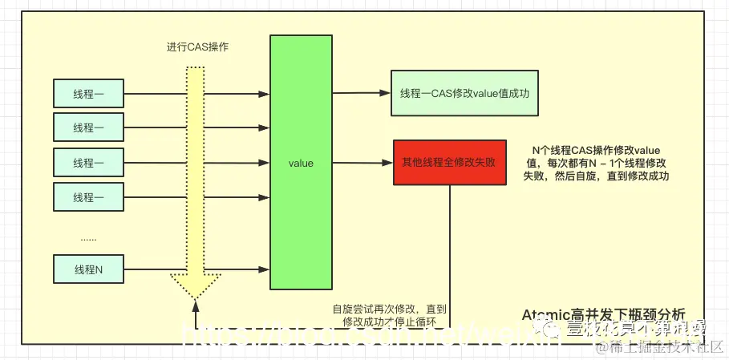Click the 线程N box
pyautogui.click(x=88, y=269)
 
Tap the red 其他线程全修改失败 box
pyautogui.click(x=449, y=163)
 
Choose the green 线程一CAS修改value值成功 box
pyautogui.click(x=464, y=94)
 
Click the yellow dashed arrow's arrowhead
pyautogui.click(x=195, y=285)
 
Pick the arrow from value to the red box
pyautogui.click(x=361, y=164)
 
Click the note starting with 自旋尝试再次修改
pyautogui.click(x=389, y=313)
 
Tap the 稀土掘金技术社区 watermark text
pyautogui.click(x=678, y=347)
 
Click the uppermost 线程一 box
pyautogui.click(x=88, y=94)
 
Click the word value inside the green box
pyautogui.click(x=300, y=164)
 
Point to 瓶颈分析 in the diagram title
pyautogui.click(x=659, y=314)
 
